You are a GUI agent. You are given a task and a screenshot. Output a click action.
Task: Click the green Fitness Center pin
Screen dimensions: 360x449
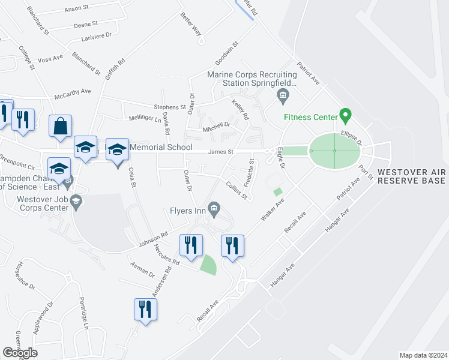pyautogui.click(x=345, y=114)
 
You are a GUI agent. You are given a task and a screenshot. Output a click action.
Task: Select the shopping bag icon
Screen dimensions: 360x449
pyautogui.click(x=61, y=127)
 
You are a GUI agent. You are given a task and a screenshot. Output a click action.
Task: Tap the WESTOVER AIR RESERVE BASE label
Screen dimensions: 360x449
pyautogui.click(x=411, y=175)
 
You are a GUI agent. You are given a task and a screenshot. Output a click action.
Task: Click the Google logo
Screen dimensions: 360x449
pyautogui.click(x=20, y=353)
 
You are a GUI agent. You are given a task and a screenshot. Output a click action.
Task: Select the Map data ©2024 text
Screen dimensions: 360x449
pyautogui.click(x=423, y=355)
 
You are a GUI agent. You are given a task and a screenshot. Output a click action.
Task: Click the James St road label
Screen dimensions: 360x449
pyautogui.click(x=220, y=152)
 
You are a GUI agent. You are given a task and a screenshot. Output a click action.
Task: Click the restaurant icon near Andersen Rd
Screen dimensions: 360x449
pyautogui.click(x=145, y=310)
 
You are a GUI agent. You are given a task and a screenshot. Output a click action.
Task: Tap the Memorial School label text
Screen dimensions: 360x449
pyautogui.click(x=161, y=147)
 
